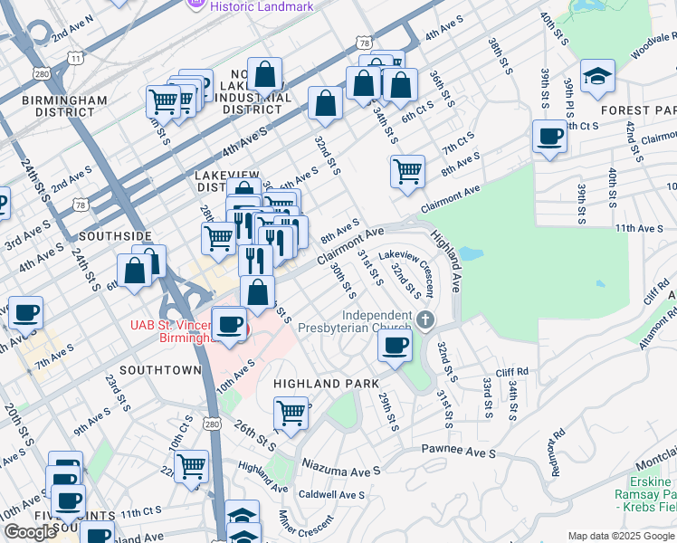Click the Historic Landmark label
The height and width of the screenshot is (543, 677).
(x=261, y=6)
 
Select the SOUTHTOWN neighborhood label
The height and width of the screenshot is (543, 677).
(x=159, y=370)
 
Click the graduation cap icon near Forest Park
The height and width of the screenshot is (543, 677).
(x=597, y=78)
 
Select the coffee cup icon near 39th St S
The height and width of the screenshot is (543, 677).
(x=549, y=138)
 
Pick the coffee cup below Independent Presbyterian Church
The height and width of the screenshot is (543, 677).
(x=395, y=347)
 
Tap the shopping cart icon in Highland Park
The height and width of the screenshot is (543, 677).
(x=291, y=414)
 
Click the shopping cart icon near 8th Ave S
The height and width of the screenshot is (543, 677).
(x=408, y=170)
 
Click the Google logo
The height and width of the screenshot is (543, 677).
(x=31, y=532)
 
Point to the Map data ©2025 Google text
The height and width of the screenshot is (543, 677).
(x=621, y=536)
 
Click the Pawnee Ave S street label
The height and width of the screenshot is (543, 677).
(x=459, y=451)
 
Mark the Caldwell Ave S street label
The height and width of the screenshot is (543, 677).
(x=331, y=495)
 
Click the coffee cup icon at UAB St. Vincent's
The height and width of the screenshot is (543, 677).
(x=230, y=325)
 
